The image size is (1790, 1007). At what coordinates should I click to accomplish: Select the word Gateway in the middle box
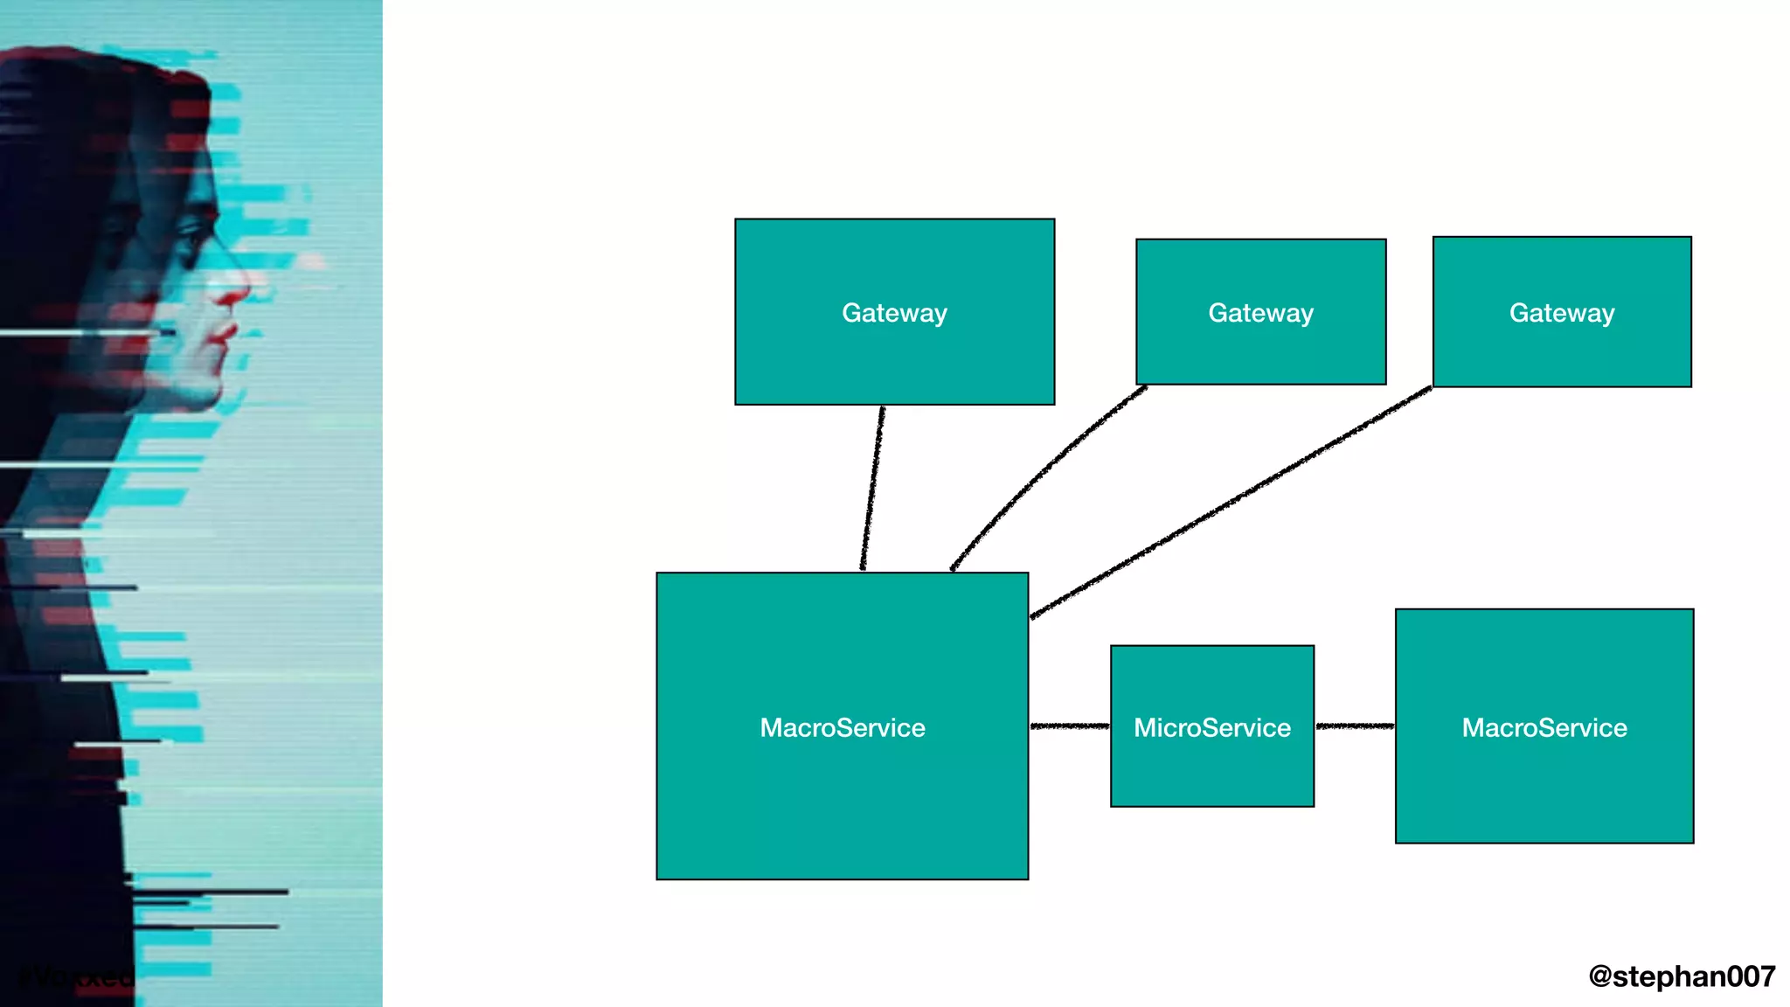[x=1260, y=313]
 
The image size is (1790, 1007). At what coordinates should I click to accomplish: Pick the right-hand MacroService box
[x=1544, y=787]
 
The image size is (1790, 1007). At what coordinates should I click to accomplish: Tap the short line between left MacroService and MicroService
[x=1070, y=726]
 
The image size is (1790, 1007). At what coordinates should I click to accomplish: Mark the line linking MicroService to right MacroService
[x=1355, y=726]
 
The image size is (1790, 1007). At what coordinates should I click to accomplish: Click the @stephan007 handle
[x=1682, y=976]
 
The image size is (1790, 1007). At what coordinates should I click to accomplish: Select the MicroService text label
[x=1211, y=727]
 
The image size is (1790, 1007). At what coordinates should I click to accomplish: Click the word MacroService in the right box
[x=1544, y=727]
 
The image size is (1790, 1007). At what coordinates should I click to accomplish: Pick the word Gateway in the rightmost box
[x=1562, y=313]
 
